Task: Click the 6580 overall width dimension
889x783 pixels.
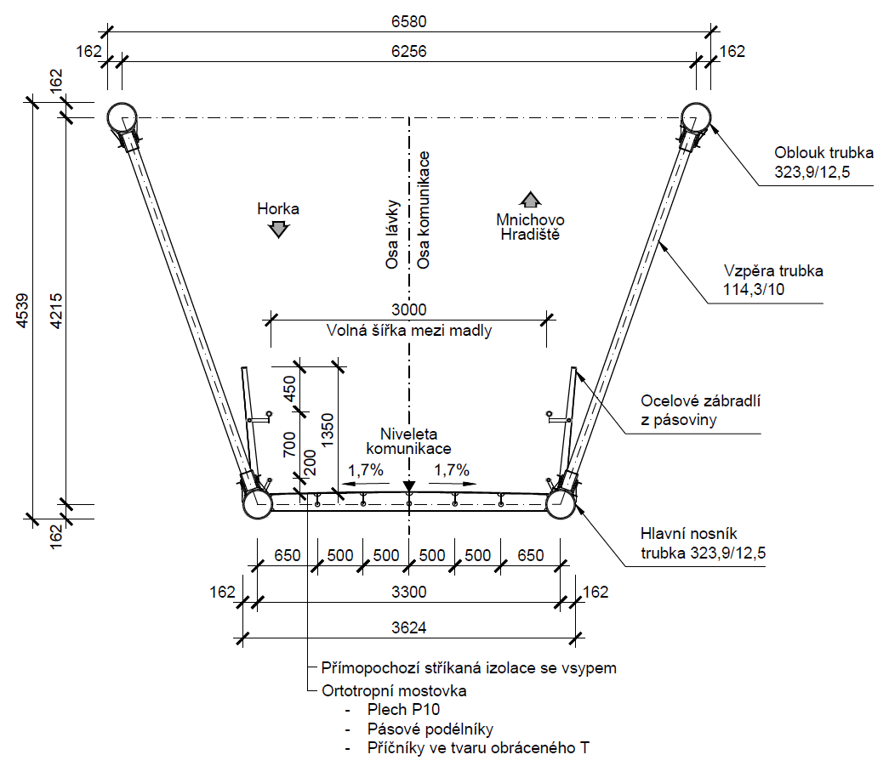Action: pyautogui.click(x=409, y=21)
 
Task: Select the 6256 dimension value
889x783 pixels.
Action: pyautogui.click(x=409, y=52)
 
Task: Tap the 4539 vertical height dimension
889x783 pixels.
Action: pyautogui.click(x=22, y=310)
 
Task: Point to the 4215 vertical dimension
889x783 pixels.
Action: pyautogui.click(x=56, y=310)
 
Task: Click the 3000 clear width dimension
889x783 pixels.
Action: pyautogui.click(x=409, y=310)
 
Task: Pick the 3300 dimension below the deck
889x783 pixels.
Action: pyautogui.click(x=409, y=592)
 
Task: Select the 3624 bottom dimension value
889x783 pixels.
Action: pyautogui.click(x=409, y=627)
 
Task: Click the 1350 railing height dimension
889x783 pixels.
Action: pyautogui.click(x=328, y=430)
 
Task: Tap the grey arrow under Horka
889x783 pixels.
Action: pyautogui.click(x=278, y=230)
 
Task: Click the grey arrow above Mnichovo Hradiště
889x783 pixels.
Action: pyautogui.click(x=530, y=200)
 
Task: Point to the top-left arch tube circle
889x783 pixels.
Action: pyautogui.click(x=122, y=118)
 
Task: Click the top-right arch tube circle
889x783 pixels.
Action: pyautogui.click(x=696, y=118)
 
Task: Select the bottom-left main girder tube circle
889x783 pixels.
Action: pyautogui.click(x=258, y=503)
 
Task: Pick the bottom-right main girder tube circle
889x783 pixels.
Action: pyautogui.click(x=561, y=503)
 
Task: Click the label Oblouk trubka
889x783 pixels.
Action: pyautogui.click(x=823, y=153)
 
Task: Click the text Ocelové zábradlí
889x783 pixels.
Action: pyautogui.click(x=700, y=401)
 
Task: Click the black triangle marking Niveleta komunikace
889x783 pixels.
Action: pyautogui.click(x=409, y=486)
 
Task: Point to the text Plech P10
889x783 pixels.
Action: pyautogui.click(x=403, y=709)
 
